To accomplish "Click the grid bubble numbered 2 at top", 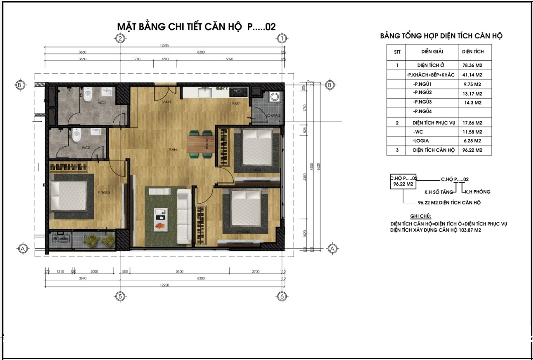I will (120, 38).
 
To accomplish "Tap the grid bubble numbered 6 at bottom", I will (282, 296).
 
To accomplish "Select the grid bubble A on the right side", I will (332, 248).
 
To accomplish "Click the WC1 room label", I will (102, 102).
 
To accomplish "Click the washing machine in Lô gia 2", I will (275, 97).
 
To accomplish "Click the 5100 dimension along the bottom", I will (179, 271).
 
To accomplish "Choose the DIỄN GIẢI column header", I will (432, 51).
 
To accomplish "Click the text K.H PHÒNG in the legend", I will (476, 192).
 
